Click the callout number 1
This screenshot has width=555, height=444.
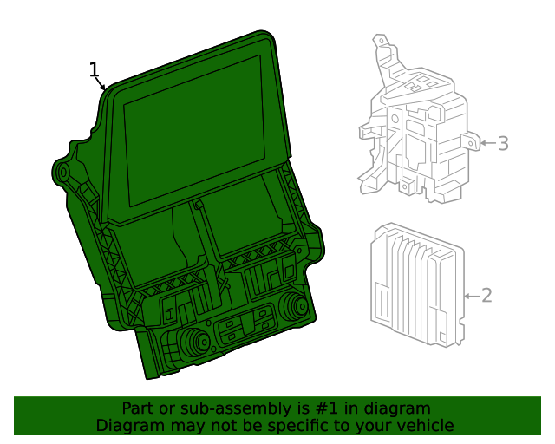[94, 69]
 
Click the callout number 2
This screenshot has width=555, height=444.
[487, 296]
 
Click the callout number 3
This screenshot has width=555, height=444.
[503, 143]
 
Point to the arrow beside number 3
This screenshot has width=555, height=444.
[488, 143]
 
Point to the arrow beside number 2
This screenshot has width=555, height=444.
[472, 296]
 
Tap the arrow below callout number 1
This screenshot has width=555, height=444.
[101, 83]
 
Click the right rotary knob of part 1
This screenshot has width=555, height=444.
[294, 305]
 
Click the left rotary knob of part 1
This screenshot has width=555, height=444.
[195, 342]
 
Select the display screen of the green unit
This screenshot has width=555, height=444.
[194, 130]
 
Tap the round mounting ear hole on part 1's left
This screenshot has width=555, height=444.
[63, 173]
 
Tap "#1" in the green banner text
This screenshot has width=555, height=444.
[326, 408]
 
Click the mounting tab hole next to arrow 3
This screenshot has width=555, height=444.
[471, 143]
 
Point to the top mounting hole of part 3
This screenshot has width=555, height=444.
[382, 41]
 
